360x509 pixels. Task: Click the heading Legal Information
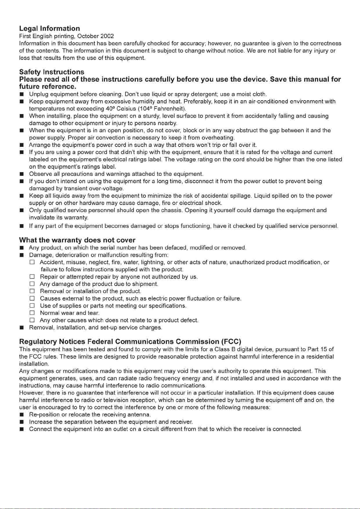click(x=50, y=29)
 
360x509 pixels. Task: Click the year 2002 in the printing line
click(x=107, y=36)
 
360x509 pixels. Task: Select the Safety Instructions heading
click(x=52, y=72)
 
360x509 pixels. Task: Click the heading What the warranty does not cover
click(x=77, y=240)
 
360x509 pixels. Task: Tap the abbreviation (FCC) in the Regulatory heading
click(x=231, y=342)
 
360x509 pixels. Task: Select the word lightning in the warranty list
click(x=153, y=262)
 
